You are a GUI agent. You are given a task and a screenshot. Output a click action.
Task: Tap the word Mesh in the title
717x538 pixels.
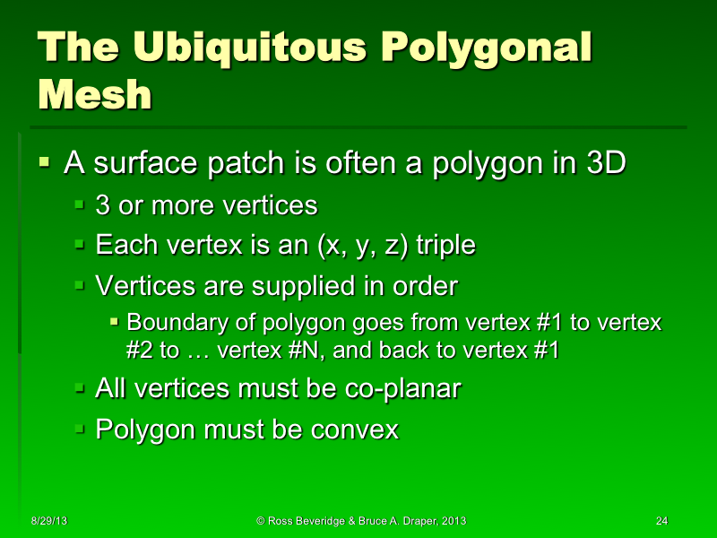(x=94, y=93)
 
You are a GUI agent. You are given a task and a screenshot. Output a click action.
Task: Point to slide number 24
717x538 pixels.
(x=662, y=521)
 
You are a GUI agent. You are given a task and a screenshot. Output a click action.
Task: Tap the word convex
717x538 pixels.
(x=358, y=430)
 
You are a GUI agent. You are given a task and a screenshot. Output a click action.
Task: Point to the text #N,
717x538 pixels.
(x=305, y=350)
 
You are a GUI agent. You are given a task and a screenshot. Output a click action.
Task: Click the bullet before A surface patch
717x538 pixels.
(x=45, y=163)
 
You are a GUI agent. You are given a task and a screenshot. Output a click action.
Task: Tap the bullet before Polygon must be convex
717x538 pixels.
(x=80, y=429)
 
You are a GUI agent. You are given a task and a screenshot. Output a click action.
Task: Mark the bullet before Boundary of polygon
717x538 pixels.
(x=114, y=321)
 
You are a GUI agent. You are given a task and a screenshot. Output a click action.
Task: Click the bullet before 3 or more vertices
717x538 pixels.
(x=80, y=204)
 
